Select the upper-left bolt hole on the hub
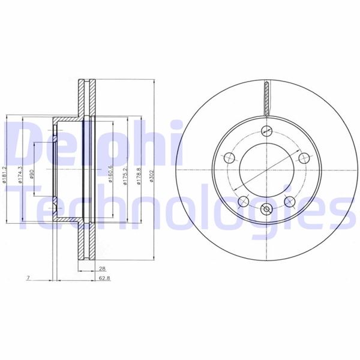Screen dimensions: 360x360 (x=229, y=158)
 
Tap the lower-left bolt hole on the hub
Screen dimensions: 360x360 (x=243, y=202)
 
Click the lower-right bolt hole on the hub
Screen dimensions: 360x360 (x=290, y=202)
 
